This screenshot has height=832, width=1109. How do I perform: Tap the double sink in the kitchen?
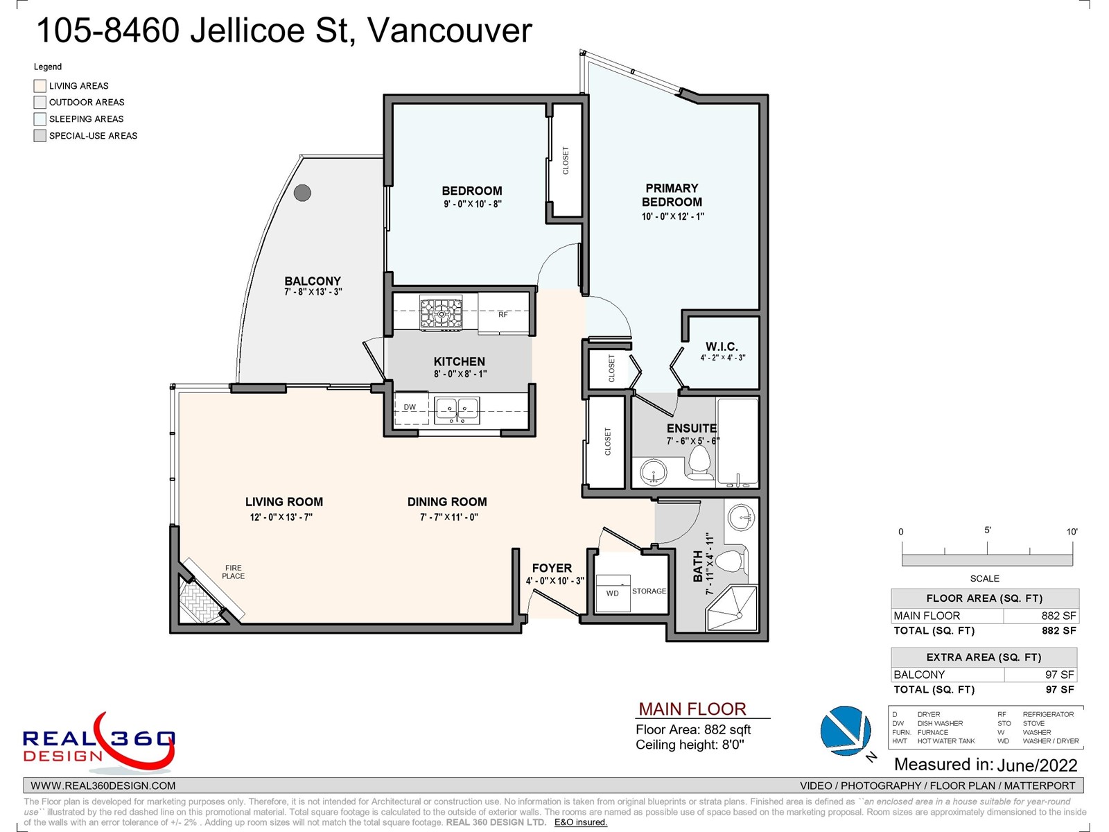457,410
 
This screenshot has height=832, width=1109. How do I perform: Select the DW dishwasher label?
410,407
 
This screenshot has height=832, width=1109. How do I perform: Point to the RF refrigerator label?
503,314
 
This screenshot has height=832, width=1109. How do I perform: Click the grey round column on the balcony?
302,193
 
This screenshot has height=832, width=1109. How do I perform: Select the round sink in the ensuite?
654,472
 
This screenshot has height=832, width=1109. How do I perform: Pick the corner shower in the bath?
732,608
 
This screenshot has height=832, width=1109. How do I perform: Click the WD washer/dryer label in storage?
612,593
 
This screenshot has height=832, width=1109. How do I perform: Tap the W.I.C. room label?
722,347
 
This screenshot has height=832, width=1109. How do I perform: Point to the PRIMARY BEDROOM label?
672,195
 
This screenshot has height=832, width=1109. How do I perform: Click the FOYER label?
552,568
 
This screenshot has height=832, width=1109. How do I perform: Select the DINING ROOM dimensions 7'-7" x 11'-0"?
448,517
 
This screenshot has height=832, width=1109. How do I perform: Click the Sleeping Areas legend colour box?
40,119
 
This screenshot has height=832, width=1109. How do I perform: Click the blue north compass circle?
846,731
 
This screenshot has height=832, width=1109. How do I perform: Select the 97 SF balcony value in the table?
1059,675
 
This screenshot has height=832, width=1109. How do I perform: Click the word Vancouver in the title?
449,31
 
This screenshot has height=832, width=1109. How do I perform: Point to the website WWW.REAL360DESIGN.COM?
103,786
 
